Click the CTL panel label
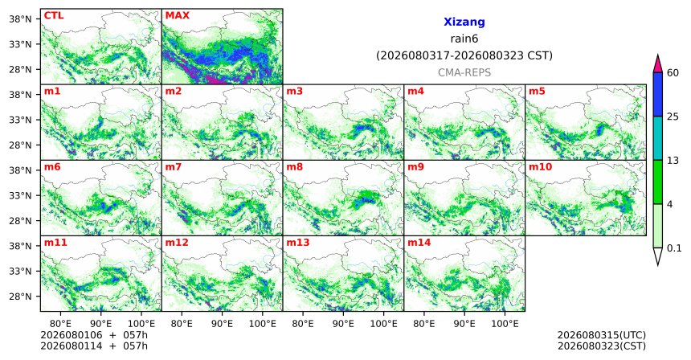tap(54, 15)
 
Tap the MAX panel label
tap(177, 15)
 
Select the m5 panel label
tap(537, 92)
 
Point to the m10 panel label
tap(540, 167)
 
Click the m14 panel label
tap(419, 243)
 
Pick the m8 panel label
tap(294, 167)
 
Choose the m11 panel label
tap(55, 243)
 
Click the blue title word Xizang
tap(464, 22)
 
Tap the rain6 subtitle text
tap(464, 39)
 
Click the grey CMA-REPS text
tap(464, 72)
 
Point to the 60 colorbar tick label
tap(673, 72)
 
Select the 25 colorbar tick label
tap(673, 117)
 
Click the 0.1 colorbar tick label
tap(674, 248)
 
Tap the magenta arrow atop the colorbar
tap(657, 63)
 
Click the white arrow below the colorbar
tap(657, 256)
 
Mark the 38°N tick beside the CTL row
tap(20, 19)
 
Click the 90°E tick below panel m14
tap(464, 324)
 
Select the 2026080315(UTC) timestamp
tap(602, 335)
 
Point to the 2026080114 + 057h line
tap(94, 346)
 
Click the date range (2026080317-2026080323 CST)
tap(464, 55)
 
